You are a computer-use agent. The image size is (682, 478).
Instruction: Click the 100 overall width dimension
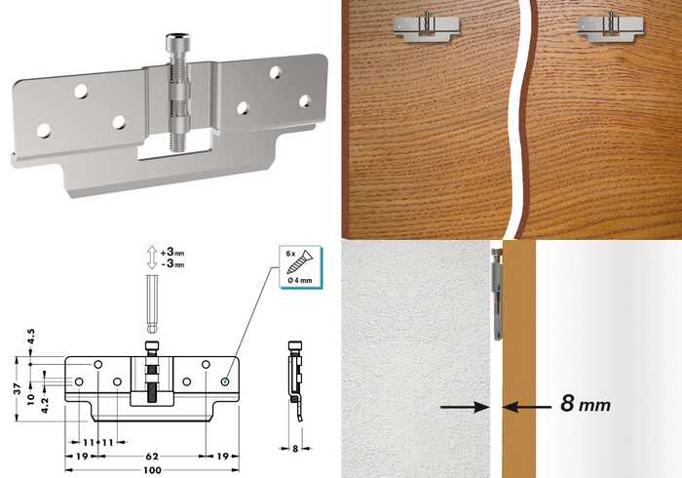click(152, 470)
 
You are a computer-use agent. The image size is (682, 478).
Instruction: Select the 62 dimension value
click(152, 457)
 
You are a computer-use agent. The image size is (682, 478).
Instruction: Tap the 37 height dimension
click(18, 389)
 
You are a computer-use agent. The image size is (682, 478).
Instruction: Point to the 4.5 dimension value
click(31, 337)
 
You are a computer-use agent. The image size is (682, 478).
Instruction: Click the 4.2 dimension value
click(45, 405)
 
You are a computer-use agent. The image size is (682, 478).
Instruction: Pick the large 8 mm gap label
click(586, 404)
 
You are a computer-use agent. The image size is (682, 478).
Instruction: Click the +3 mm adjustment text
click(172, 252)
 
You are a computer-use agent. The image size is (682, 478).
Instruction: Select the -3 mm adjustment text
click(172, 263)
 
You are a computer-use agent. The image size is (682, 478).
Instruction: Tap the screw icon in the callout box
click(301, 262)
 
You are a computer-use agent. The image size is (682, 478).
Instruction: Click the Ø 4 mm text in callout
click(300, 280)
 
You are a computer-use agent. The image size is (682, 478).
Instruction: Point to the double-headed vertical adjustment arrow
click(151, 258)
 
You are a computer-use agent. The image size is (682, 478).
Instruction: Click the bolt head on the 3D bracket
click(177, 42)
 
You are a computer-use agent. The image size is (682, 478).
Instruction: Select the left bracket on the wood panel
click(427, 27)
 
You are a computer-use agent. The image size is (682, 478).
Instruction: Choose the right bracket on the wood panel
click(611, 27)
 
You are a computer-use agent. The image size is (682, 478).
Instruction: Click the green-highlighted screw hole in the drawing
click(225, 381)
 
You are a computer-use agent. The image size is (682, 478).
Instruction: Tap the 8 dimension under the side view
click(295, 449)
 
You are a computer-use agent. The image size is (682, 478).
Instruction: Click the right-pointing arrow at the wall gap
click(465, 407)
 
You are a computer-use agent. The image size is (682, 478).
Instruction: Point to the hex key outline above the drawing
click(151, 303)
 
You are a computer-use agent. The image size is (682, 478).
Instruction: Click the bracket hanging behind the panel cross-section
click(498, 295)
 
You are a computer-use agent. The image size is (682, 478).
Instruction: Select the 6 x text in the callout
click(291, 253)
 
